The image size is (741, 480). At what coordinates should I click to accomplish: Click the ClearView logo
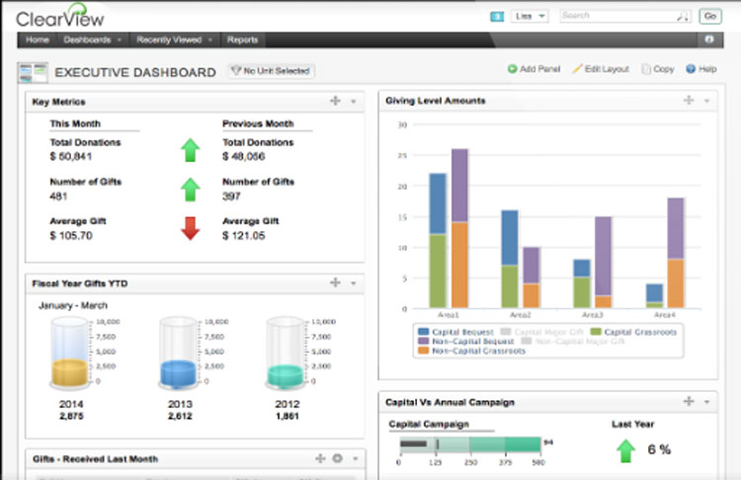coord(62,17)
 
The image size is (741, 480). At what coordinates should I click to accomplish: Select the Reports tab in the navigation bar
coord(242,40)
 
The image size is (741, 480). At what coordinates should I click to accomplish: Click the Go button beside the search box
coord(709,17)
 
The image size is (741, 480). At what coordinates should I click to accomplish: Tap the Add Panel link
coord(534,70)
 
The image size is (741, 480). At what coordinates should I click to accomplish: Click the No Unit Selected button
coord(271,71)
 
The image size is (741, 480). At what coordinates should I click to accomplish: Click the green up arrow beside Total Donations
coord(190,150)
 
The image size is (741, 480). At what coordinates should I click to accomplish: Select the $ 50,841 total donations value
coord(71,157)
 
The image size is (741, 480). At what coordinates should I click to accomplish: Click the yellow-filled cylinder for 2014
coord(71,356)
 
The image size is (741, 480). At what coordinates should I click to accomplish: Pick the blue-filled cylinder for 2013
coord(178,356)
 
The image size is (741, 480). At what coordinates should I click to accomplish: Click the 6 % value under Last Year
coord(659,449)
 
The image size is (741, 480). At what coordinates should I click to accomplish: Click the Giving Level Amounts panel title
coord(436,101)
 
